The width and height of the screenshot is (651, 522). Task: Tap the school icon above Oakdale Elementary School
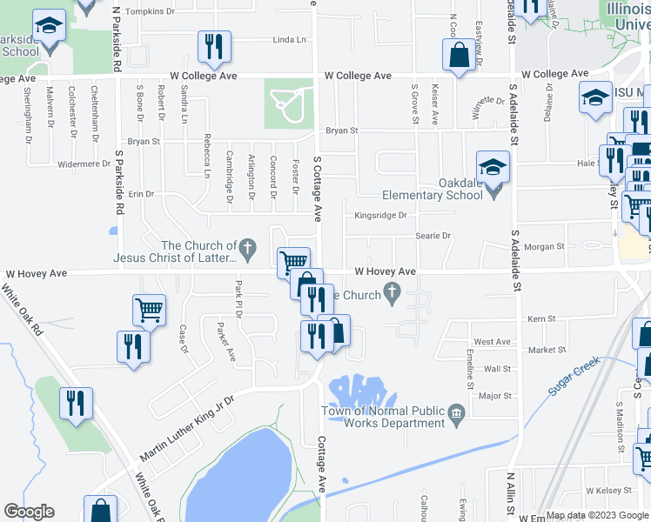(493, 166)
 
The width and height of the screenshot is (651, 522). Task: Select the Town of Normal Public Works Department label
(383, 417)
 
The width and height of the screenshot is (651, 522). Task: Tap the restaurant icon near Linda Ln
(213, 46)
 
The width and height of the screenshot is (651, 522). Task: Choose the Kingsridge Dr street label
(380, 215)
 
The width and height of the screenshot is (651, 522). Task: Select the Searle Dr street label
(433, 236)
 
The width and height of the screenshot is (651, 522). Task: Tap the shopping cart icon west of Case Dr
(149, 309)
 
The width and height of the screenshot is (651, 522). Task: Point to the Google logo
(30, 512)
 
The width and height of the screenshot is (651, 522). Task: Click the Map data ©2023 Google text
(596, 515)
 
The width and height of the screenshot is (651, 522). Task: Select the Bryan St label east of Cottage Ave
(342, 131)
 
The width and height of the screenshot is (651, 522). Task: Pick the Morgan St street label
(544, 247)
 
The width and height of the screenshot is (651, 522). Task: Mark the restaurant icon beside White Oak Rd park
(76, 402)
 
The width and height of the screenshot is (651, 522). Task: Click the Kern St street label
(541, 320)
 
